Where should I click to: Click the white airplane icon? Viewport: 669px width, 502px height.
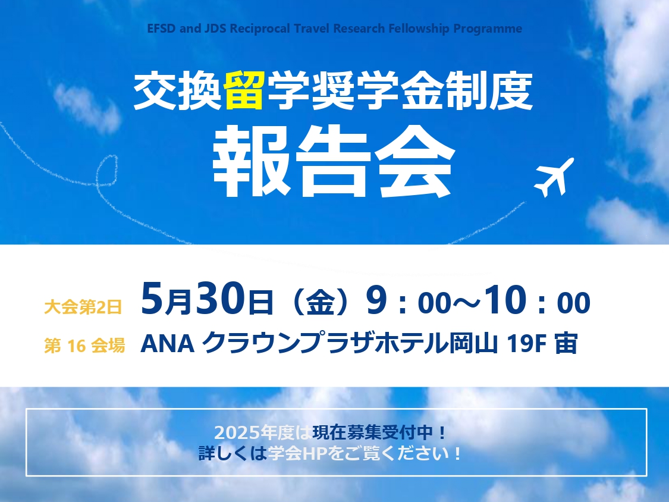click(x=554, y=177)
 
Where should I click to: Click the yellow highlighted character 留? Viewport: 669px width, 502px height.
click(x=244, y=90)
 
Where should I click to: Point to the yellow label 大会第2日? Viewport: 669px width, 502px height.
click(x=83, y=306)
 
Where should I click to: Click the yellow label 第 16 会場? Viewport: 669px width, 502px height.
click(x=84, y=346)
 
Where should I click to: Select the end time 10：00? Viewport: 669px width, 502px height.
click(x=537, y=300)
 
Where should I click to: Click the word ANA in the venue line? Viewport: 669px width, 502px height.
click(x=167, y=344)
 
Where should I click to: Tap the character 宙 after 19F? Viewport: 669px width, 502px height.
click(x=566, y=344)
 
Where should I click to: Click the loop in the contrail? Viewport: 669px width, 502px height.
click(x=106, y=170)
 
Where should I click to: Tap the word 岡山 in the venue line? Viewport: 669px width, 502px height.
click(x=473, y=344)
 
